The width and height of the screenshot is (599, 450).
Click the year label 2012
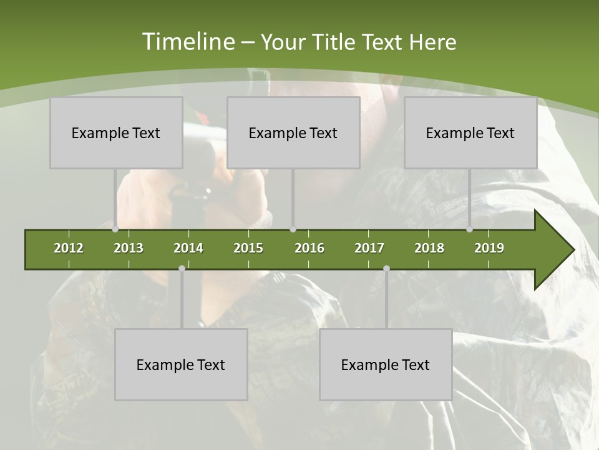click(69, 248)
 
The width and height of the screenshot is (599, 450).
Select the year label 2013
click(129, 248)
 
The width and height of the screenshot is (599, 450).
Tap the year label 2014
click(188, 248)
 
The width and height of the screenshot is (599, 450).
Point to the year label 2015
click(248, 248)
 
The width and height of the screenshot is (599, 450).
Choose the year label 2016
click(309, 248)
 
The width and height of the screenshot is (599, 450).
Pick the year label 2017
click(369, 248)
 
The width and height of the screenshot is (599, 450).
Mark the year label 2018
click(429, 248)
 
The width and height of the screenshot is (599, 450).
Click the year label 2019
click(489, 248)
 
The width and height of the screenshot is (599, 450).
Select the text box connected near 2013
click(116, 132)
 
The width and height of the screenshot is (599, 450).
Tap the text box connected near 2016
click(293, 132)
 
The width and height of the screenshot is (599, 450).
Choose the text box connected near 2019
click(470, 132)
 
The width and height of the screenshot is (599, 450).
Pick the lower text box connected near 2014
click(181, 364)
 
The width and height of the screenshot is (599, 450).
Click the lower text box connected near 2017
click(386, 364)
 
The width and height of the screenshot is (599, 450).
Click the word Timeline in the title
click(187, 42)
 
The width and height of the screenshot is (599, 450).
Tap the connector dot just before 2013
click(115, 229)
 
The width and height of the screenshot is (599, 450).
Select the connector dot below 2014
click(182, 268)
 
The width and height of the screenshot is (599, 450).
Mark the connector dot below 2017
click(386, 268)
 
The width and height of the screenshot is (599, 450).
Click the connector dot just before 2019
click(470, 229)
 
